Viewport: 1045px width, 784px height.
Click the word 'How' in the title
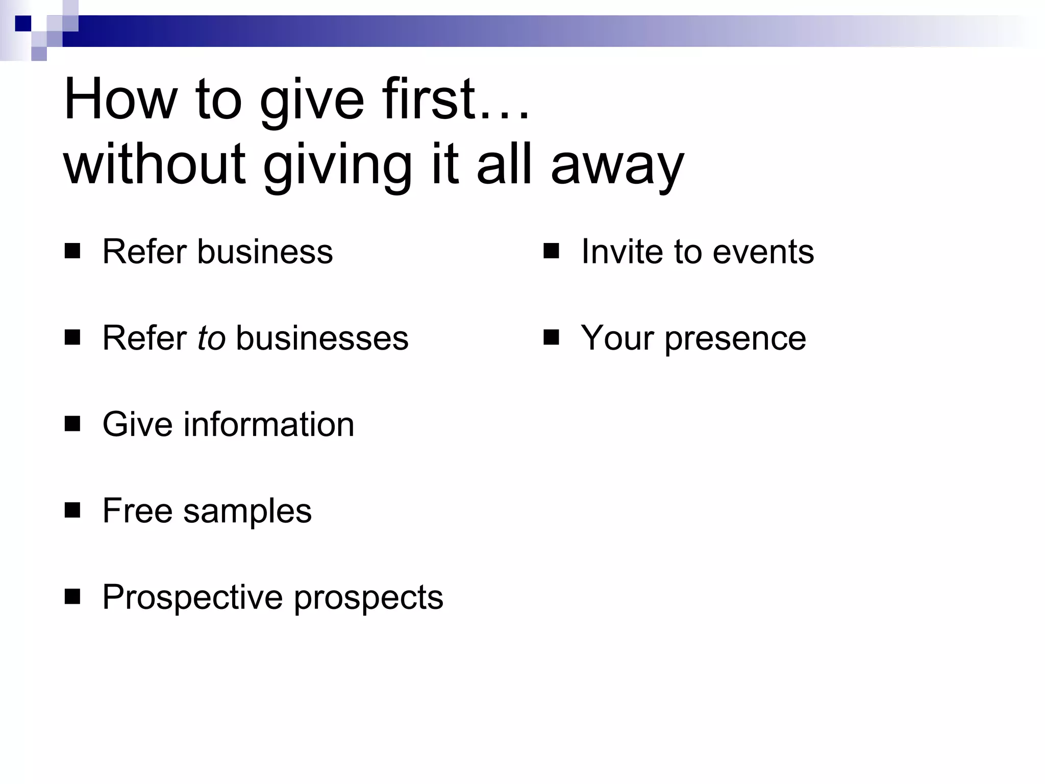click(x=120, y=100)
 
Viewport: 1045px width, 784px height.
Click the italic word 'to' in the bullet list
click(x=211, y=338)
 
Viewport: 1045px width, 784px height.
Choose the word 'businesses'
click(x=322, y=338)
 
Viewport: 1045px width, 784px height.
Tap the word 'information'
click(x=268, y=425)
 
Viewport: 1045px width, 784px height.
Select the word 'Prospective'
click(x=192, y=598)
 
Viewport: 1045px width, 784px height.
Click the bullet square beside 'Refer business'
click(x=72, y=251)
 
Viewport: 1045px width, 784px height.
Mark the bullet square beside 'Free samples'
click(x=72, y=510)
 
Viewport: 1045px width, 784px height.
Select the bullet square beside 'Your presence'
click(x=551, y=337)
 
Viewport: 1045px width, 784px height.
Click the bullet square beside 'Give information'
click(x=72, y=424)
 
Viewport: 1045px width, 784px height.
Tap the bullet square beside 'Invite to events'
click(x=551, y=251)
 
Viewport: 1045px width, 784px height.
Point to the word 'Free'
click(x=137, y=511)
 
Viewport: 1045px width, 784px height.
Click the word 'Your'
click(x=617, y=338)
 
